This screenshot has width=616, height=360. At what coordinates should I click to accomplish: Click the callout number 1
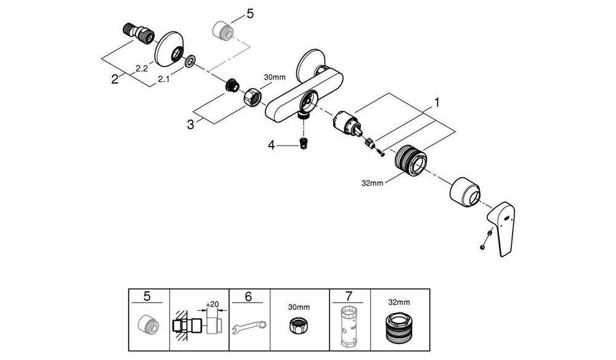[437, 102]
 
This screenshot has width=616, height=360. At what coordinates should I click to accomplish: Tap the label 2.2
[141, 69]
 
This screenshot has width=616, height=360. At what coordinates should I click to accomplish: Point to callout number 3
[192, 124]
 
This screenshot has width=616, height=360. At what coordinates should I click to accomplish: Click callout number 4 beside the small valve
[270, 145]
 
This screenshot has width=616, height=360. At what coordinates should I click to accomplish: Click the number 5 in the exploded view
[249, 14]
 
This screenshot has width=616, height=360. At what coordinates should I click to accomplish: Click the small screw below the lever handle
[485, 241]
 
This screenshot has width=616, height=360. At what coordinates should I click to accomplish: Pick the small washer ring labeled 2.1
[190, 61]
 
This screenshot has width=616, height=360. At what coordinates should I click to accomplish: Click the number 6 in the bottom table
[248, 297]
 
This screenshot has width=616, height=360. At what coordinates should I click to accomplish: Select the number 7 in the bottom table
[349, 297]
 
